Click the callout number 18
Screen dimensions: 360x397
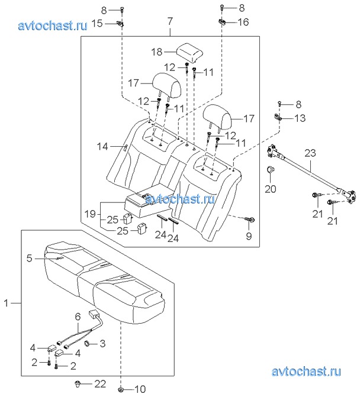pos(156,52)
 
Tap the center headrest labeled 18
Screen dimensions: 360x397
pos(190,53)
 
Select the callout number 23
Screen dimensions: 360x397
pos(310,153)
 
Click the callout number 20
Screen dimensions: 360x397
pos(271,189)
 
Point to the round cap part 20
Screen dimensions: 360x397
pos(271,169)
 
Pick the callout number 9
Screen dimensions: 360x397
pos(249,236)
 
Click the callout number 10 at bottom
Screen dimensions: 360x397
pos(140,389)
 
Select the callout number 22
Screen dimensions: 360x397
pos(100,384)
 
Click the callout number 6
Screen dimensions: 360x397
pos(78,317)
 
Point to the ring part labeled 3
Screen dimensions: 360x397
pos(88,344)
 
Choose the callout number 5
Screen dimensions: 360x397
pos(30,258)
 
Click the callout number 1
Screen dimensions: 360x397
pos(6,303)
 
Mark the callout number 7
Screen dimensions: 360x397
pos(170,21)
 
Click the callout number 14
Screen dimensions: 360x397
pos(102,146)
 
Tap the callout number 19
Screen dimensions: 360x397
pos(89,214)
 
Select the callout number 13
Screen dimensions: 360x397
pos(300,118)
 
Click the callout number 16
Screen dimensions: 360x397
pos(243,22)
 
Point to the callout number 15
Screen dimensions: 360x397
pos(97,24)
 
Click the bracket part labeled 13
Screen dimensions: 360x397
pos(278,117)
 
